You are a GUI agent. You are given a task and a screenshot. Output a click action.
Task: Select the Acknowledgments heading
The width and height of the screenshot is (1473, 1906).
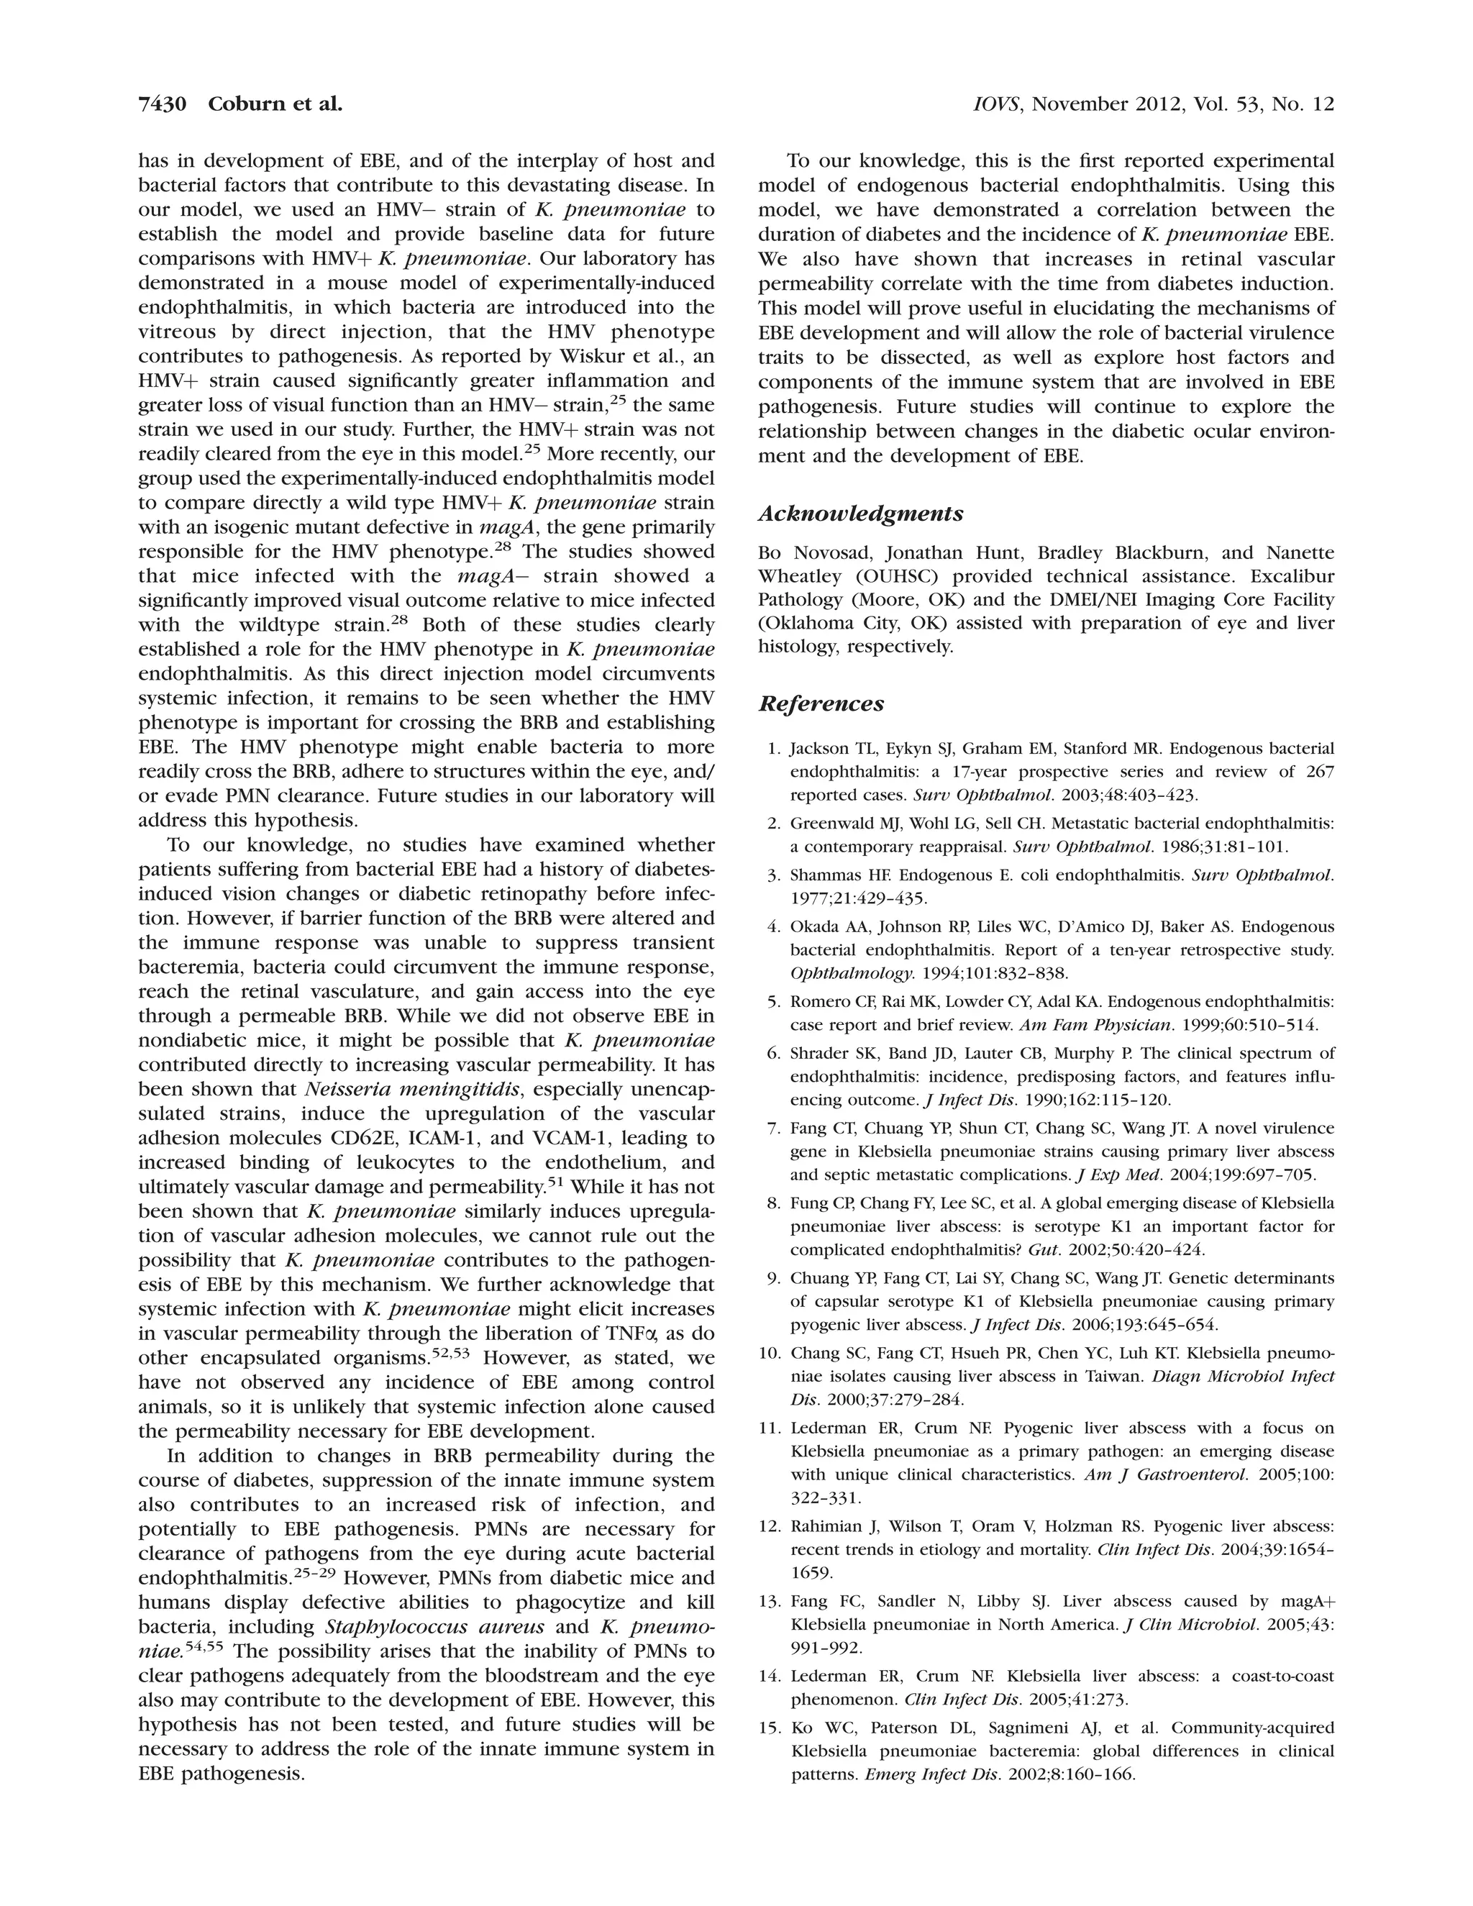tap(860, 514)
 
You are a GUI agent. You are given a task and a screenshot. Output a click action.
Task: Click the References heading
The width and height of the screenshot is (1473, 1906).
tap(821, 703)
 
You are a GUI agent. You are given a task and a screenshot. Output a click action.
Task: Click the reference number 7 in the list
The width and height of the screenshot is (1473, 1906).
tap(773, 1128)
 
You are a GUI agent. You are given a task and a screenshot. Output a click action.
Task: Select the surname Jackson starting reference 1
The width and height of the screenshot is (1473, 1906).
tap(818, 749)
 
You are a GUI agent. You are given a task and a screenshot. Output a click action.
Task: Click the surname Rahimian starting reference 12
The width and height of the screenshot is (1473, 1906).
tap(826, 1526)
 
